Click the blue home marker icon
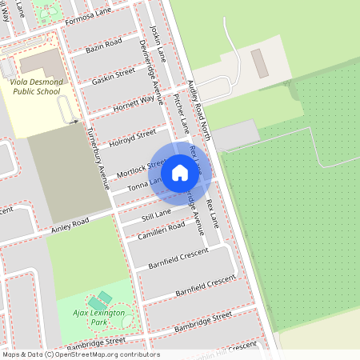(x=180, y=172)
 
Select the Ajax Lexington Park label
(x=99, y=317)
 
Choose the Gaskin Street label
(x=114, y=75)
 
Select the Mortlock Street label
(x=140, y=169)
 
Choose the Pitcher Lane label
(x=181, y=113)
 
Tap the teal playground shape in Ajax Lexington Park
(x=106, y=298)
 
